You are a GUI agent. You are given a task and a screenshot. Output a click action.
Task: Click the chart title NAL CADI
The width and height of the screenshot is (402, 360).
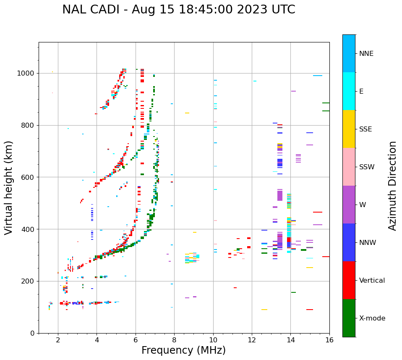point(178,10)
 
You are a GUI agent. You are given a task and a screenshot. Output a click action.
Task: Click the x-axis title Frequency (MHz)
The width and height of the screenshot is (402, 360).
point(183,350)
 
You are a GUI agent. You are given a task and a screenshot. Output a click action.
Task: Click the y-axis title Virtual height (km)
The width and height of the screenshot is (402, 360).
point(9,187)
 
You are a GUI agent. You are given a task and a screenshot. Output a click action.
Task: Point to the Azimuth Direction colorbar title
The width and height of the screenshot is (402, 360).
point(392,185)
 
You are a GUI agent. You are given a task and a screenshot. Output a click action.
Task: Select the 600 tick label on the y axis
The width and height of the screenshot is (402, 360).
point(29,177)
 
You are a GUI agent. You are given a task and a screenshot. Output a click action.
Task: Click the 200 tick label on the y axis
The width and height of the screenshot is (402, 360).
point(29,281)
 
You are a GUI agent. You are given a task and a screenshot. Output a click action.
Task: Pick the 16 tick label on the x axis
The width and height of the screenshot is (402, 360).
point(329,340)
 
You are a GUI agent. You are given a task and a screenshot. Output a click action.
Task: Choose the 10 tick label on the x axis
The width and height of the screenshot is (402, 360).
point(213,340)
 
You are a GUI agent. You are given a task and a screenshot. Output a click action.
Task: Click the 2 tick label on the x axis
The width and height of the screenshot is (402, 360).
point(58,340)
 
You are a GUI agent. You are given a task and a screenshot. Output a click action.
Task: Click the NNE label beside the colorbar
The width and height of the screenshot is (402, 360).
point(366,54)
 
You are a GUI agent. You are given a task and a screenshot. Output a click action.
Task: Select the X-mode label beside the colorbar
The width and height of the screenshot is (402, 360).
point(372,318)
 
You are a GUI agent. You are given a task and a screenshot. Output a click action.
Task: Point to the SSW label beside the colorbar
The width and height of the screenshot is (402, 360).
point(367,167)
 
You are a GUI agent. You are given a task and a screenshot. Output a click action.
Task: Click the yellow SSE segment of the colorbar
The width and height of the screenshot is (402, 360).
point(349,129)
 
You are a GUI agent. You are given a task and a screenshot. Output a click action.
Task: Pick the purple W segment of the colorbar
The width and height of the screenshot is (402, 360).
point(349,205)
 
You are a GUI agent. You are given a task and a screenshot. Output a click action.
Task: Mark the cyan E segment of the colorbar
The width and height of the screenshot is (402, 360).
point(349,91)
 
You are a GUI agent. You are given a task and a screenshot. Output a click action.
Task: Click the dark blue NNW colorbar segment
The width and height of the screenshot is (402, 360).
point(349,242)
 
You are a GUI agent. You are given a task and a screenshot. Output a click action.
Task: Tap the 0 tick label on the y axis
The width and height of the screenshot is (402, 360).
point(33,333)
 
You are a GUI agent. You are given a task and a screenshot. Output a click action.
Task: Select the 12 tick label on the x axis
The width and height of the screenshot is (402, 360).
point(252,340)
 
